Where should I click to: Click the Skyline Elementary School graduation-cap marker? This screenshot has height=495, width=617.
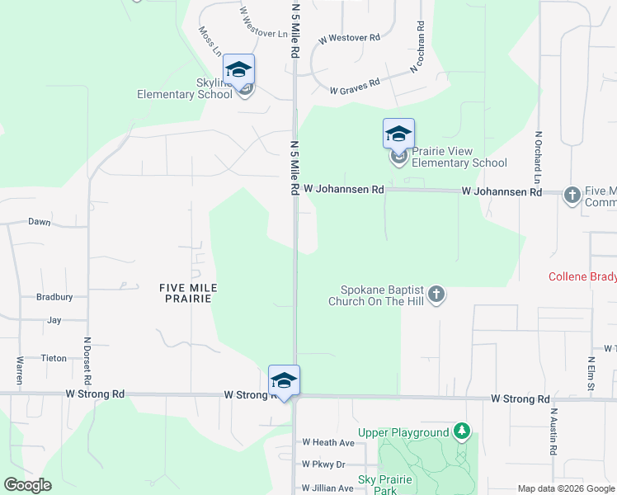239,70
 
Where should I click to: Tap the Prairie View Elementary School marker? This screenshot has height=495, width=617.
398,134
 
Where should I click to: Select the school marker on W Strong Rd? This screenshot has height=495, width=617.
284,381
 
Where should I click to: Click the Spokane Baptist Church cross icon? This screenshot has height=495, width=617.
437,295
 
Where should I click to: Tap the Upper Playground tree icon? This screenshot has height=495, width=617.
463,431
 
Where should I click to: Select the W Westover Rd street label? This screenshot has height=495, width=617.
349,38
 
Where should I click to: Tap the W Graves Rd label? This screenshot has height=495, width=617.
355,85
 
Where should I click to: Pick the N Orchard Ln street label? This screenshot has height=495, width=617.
537,157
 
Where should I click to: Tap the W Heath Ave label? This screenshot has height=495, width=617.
327,443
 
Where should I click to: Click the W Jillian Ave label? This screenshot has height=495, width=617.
328,488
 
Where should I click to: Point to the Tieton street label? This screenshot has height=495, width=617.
53,359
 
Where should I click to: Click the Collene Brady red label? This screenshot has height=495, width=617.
582,276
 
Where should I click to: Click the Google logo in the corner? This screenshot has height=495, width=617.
27,485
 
